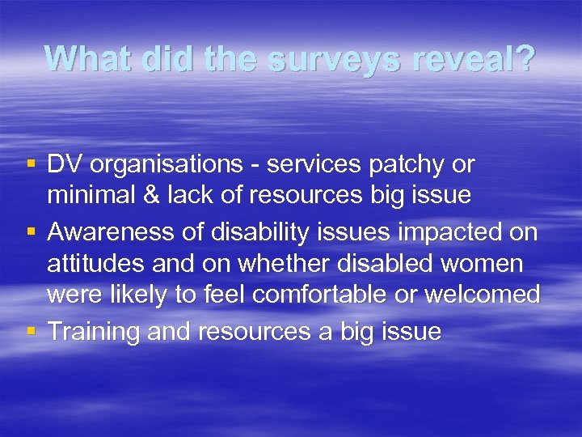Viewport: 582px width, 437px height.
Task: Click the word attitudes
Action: [x=94, y=263]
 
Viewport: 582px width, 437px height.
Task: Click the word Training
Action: [x=94, y=331]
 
